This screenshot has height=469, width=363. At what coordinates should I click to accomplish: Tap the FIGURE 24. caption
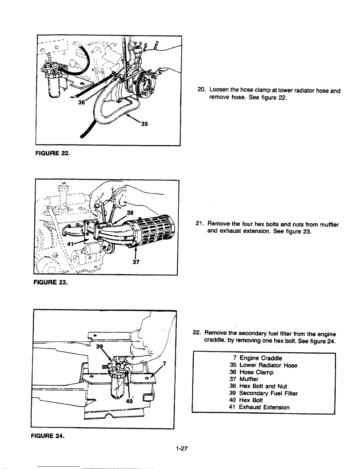pyautogui.click(x=47, y=436)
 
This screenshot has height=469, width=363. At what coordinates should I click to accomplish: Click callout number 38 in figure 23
pyautogui.click(x=130, y=213)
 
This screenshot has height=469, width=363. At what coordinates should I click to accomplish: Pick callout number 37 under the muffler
pyautogui.click(x=135, y=262)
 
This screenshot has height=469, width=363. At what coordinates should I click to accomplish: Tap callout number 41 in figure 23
pyautogui.click(x=70, y=244)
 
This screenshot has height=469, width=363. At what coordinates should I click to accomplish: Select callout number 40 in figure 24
pyautogui.click(x=129, y=401)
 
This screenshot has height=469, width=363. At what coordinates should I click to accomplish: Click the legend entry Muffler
pyautogui.click(x=249, y=379)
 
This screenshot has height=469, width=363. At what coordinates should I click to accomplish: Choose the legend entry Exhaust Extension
pyautogui.click(x=264, y=407)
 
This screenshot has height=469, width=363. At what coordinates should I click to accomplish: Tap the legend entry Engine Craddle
pyautogui.click(x=261, y=358)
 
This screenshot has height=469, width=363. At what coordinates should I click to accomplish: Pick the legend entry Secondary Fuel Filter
pyautogui.click(x=268, y=393)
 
